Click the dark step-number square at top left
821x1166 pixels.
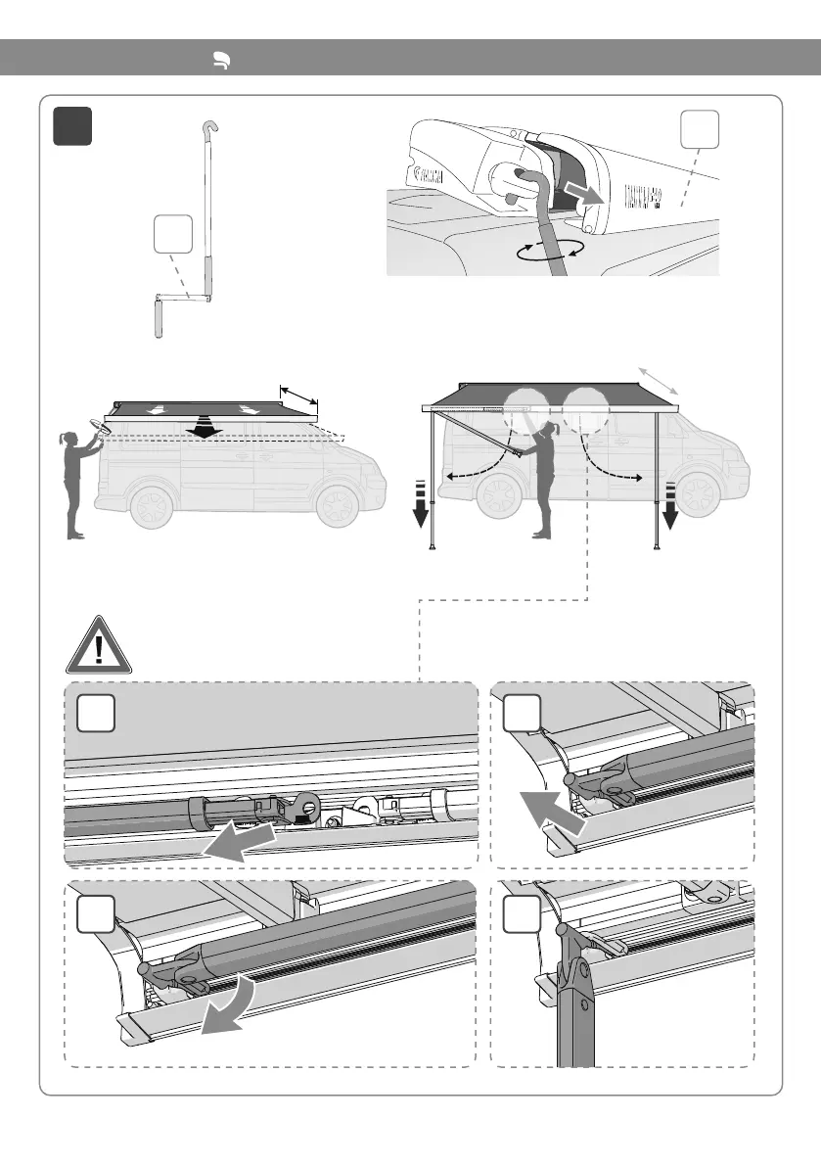(73, 125)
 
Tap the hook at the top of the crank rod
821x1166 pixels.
(210, 128)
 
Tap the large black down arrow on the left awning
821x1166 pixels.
(204, 428)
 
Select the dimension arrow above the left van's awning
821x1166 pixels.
(299, 393)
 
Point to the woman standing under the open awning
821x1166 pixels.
(540, 480)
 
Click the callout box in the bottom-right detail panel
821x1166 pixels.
(522, 918)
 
